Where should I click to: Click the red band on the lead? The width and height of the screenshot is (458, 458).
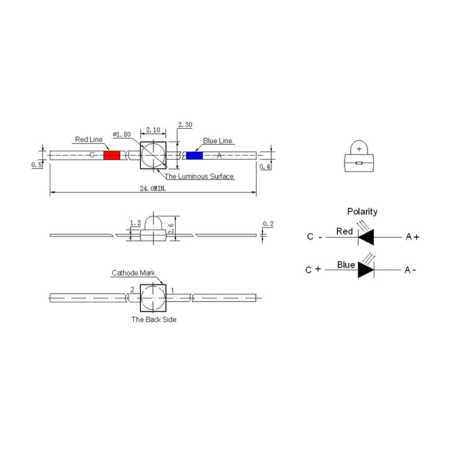point(112,156)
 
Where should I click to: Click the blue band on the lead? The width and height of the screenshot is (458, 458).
point(194,156)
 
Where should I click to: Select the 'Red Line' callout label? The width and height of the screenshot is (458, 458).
point(89,139)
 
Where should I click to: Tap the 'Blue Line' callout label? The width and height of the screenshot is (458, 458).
point(218,141)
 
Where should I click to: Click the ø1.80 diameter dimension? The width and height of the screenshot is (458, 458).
point(122,134)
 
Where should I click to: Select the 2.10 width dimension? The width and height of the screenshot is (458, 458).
point(153,130)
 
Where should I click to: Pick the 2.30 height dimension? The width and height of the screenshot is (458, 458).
point(184,124)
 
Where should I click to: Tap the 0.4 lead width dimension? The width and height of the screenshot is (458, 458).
point(265,167)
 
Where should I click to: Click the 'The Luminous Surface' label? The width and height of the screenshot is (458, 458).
point(199,176)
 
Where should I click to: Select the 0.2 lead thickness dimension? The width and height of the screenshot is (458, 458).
point(267,224)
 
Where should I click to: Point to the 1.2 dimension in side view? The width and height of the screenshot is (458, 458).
point(135,223)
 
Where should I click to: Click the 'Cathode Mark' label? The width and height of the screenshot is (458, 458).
point(133,273)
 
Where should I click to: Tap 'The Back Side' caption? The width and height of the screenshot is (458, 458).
point(153,319)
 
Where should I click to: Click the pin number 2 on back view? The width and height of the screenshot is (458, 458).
point(132,290)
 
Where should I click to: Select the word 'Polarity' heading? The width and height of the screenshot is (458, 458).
point(362,211)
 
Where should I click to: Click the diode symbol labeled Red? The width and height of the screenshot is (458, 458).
point(366,236)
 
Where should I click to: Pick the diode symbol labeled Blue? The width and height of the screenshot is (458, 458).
point(366,269)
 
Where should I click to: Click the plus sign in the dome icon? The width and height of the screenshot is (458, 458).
point(359,149)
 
